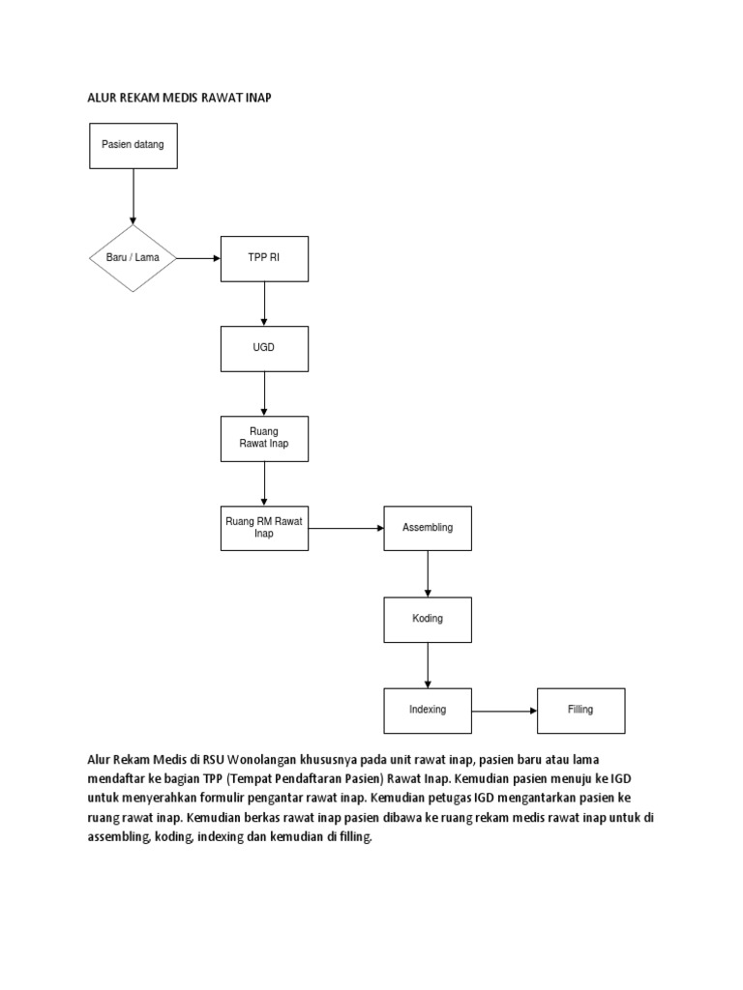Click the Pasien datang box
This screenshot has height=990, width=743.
(133, 145)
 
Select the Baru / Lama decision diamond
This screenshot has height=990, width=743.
(133, 258)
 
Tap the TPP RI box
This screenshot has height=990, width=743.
(264, 258)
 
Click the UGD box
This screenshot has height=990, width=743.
(264, 348)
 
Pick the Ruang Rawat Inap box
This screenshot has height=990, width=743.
(264, 438)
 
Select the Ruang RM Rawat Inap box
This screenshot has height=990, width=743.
(264, 528)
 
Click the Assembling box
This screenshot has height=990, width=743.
(428, 528)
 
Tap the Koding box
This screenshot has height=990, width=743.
(428, 619)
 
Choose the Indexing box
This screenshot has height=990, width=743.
(428, 710)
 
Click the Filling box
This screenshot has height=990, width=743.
(580, 710)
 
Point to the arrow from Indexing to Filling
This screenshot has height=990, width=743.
(504, 711)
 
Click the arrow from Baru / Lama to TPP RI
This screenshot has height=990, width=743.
(198, 258)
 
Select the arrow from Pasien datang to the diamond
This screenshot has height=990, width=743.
(133, 197)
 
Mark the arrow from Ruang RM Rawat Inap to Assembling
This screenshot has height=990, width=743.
(346, 528)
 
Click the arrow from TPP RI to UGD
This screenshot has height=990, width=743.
(264, 304)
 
